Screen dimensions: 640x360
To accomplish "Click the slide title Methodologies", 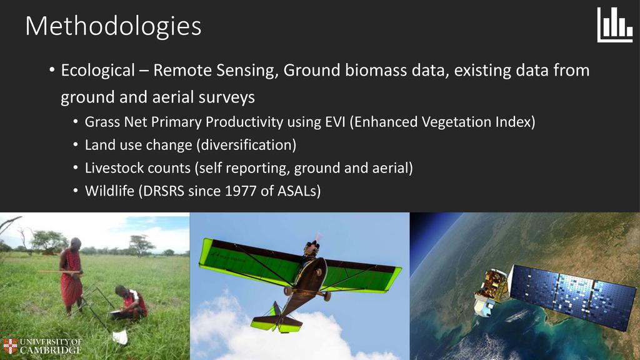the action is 113,27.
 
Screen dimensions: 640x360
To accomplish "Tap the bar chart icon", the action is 615,25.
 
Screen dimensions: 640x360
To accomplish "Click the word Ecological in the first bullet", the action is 98,71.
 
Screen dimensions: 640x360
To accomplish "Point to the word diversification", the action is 246,145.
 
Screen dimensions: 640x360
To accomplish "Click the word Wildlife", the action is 109,191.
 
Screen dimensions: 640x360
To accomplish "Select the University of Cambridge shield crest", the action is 10,346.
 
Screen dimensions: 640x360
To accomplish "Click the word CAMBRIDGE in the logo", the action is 51,350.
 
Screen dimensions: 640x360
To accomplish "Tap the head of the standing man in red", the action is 75,243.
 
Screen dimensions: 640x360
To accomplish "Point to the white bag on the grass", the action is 120,337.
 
